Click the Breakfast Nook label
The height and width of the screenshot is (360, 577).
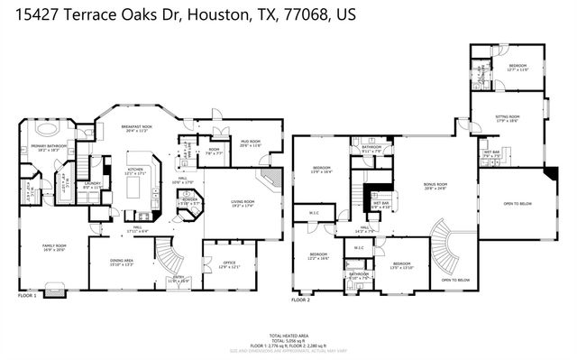pyautogui.click(x=136, y=128)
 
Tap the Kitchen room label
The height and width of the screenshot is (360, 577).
pyautogui.click(x=135, y=170)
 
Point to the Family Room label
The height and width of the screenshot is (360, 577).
pyautogui.click(x=55, y=245)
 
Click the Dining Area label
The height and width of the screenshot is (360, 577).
pyautogui.click(x=121, y=263)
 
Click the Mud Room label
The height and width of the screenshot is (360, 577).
pyautogui.click(x=249, y=143)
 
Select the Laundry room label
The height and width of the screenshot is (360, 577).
pyautogui.click(x=92, y=183)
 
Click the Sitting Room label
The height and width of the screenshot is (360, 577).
pyautogui.click(x=507, y=117)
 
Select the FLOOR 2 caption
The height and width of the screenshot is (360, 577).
pyautogui.click(x=300, y=299)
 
